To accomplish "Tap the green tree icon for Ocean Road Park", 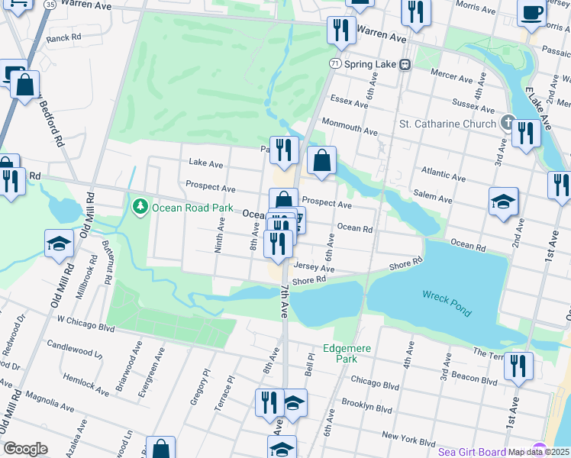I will coord(140,206).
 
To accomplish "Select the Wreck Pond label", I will coord(447,304).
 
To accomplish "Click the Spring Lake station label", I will coord(370,64).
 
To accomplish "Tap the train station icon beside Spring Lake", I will coord(406,64).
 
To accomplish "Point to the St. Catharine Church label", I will coord(448,123).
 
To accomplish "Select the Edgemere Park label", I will coord(347,353).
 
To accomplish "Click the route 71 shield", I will coord(336,64).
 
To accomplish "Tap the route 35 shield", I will coord(50,4).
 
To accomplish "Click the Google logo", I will coord(25,449).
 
